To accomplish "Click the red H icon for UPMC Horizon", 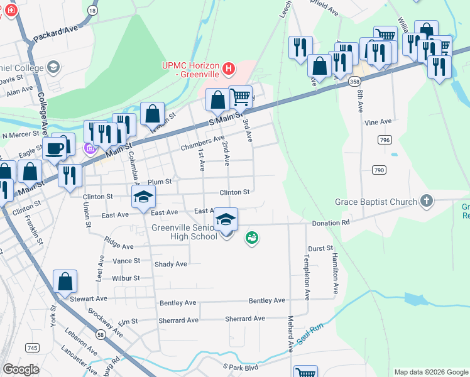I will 229,67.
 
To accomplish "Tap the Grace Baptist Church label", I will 376,202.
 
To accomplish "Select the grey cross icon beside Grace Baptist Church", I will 427,201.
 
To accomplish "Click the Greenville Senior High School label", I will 184,232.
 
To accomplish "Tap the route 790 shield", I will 378,170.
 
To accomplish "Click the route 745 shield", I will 32,347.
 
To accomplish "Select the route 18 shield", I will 93,11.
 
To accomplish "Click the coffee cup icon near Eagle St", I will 55,148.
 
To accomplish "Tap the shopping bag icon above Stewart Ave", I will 65,283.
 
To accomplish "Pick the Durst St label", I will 320,249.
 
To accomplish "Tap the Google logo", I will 21,369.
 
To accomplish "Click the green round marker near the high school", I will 252,238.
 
